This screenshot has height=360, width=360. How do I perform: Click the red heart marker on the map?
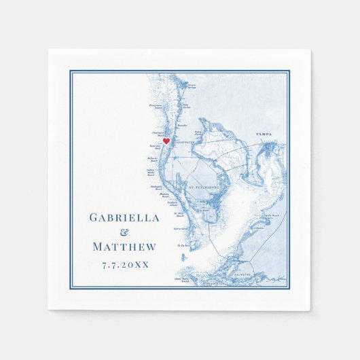tap(166, 141)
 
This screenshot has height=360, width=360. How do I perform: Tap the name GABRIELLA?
tap(124, 218)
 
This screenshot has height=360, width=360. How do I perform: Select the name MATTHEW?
tap(124, 247)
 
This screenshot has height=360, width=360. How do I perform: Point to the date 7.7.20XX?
tap(124, 264)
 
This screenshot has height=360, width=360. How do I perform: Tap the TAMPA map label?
tap(264, 135)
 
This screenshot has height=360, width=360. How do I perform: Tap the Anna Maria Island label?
tap(181, 278)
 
